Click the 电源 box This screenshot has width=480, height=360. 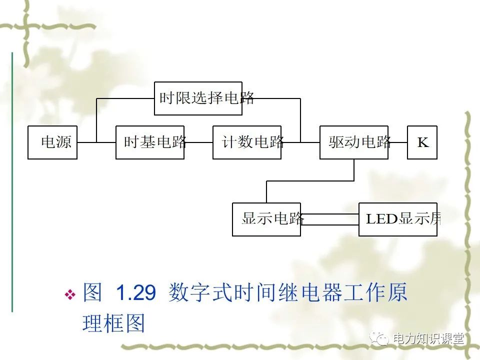(52, 142)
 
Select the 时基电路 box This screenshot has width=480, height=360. (150, 142)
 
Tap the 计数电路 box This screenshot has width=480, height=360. (247, 142)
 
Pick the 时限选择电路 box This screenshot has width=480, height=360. (198, 98)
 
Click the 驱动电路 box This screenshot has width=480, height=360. (353, 142)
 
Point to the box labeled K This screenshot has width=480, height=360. (422, 142)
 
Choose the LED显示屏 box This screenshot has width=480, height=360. (398, 219)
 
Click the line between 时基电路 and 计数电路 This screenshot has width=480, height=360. (198, 142)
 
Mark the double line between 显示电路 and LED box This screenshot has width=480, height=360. (330, 219)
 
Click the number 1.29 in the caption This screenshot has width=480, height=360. (135, 293)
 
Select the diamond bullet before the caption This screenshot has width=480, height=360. (70, 294)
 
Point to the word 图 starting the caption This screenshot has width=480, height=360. (92, 293)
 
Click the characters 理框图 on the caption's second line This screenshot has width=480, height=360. (113, 324)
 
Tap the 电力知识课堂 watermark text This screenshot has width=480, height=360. (428, 338)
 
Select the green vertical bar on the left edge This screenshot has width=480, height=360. (12, 180)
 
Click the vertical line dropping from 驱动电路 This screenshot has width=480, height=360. (354, 170)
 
